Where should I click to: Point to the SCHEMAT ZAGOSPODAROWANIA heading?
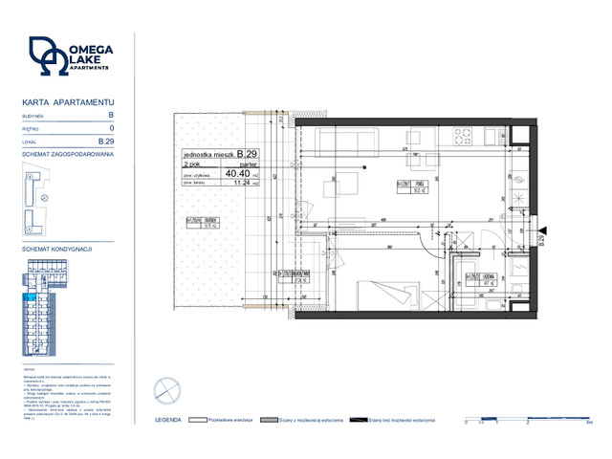coord(68,154)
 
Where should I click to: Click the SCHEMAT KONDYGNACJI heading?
coord(56,248)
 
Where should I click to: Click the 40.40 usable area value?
coord(236,174)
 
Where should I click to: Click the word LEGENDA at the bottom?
coord(167,420)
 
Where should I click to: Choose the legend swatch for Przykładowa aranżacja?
coord(198,420)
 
